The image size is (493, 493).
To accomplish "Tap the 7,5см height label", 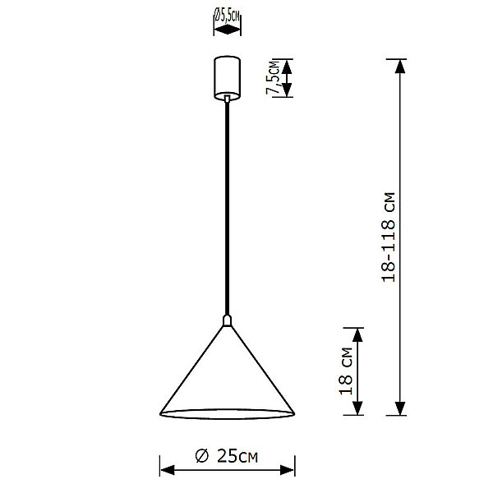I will (x=271, y=79).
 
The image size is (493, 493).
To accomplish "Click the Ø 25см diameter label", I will (x=226, y=456).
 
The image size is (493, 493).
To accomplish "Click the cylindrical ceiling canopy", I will (x=226, y=76).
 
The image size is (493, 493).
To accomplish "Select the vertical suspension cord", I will (x=226, y=205).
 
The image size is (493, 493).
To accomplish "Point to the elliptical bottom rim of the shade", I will (x=226, y=411).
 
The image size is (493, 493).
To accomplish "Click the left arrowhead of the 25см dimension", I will (x=164, y=470).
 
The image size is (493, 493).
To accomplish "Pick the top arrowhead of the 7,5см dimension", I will (x=287, y=64).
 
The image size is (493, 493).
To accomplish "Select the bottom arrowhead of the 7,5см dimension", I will (x=287, y=91).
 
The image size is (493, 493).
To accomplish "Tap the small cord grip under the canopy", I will (x=226, y=99).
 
